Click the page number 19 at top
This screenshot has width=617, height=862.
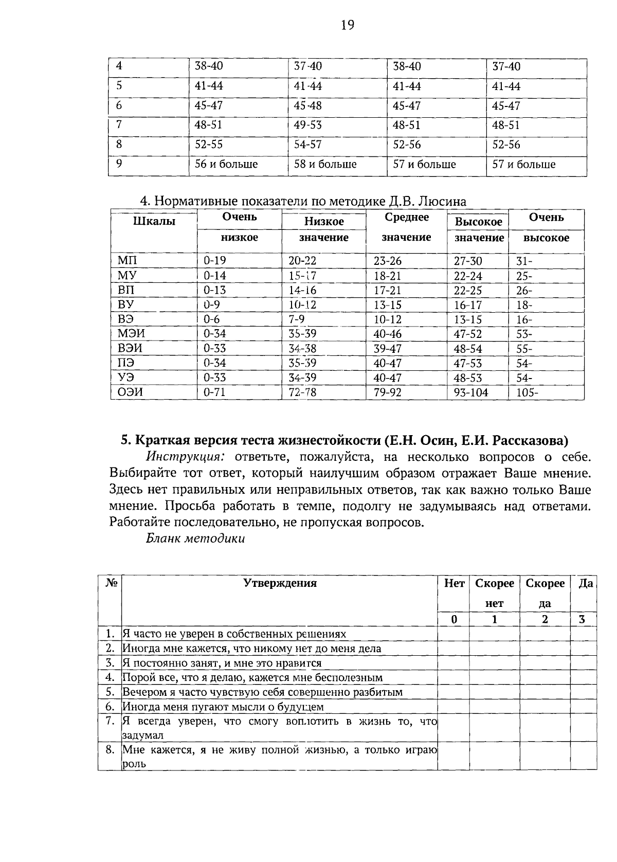[x=348, y=25]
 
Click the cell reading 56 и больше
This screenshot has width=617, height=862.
[x=226, y=165]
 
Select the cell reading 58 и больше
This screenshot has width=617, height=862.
[x=325, y=165]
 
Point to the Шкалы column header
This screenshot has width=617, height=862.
[x=154, y=222]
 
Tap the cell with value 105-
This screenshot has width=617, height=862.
[x=527, y=393]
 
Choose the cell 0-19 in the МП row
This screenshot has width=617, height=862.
[x=214, y=261]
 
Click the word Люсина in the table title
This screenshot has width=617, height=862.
[x=441, y=201]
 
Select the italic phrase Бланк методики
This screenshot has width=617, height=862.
[x=195, y=538]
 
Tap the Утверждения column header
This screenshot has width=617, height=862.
[x=280, y=583]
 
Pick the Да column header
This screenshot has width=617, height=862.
[x=585, y=584]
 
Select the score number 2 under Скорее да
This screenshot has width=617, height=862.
[x=545, y=620]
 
